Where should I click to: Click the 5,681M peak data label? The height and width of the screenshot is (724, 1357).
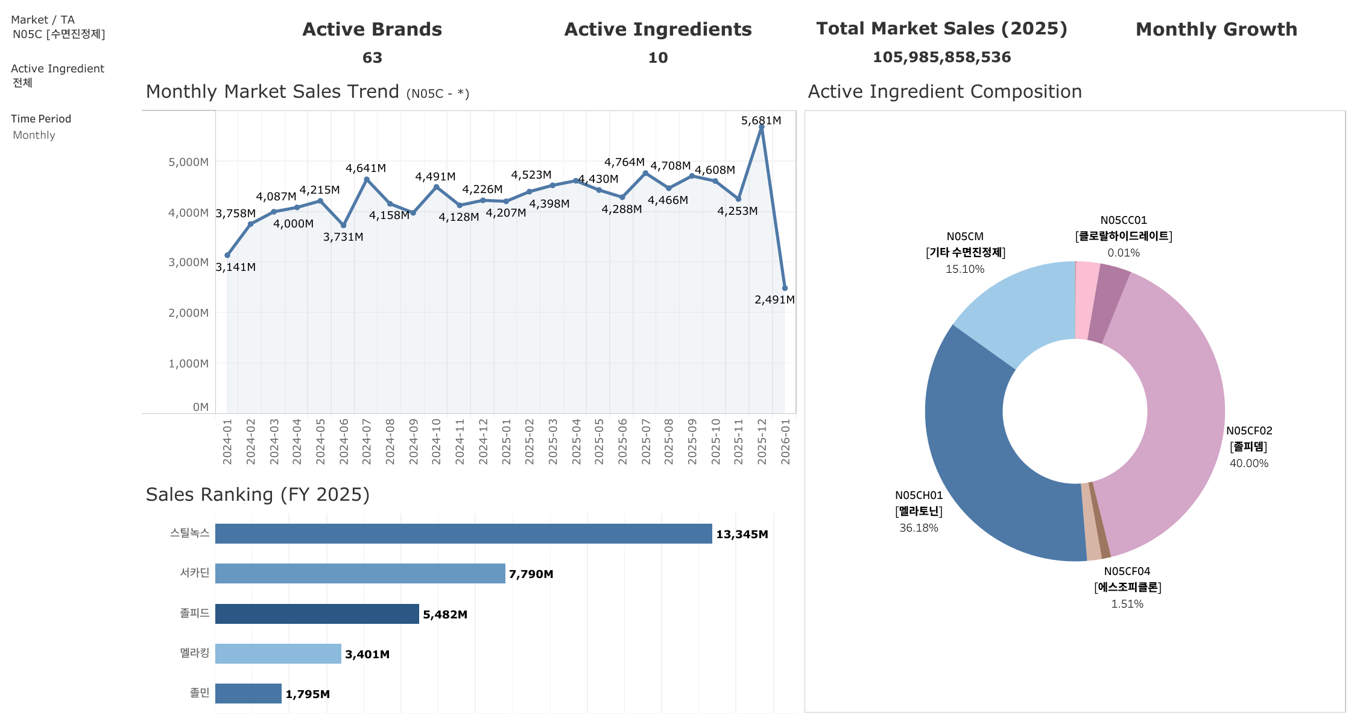coord(761,121)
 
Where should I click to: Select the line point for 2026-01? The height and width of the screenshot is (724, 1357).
coord(785,288)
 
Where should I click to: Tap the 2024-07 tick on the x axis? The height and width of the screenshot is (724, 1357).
coord(367,442)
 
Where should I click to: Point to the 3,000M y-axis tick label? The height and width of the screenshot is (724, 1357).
coord(188,262)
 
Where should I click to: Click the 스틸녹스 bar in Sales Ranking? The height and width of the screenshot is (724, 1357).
coord(463,534)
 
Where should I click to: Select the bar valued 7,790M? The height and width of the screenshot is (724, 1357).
coord(360,574)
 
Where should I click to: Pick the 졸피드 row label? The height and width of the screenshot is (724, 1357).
coord(194,614)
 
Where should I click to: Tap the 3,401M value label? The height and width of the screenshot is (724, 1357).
coord(367,655)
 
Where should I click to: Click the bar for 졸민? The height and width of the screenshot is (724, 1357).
coord(248,694)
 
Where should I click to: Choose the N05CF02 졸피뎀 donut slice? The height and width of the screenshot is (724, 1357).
coord(1176,392)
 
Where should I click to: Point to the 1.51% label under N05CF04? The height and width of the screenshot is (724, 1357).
coord(1127,604)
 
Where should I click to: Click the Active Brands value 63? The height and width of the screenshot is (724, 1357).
coord(372,58)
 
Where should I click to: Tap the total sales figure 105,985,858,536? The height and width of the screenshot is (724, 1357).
coord(941,57)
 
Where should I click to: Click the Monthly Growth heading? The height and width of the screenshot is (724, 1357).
coord(1216,30)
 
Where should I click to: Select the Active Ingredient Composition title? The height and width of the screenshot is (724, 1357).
coord(944,92)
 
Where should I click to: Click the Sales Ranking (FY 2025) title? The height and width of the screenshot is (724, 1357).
coord(258,495)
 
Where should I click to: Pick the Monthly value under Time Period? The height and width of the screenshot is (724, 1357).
coord(34,136)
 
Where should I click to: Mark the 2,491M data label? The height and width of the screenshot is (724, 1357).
coord(774,300)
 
